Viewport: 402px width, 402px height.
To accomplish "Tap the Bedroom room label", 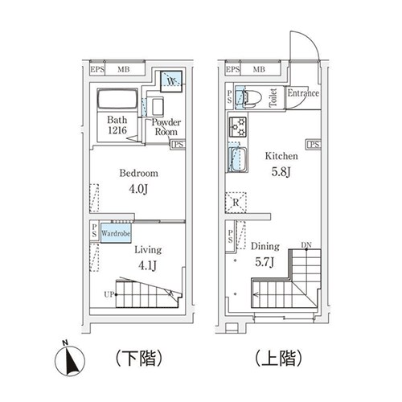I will (138, 173).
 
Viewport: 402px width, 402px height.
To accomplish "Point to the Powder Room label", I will (166, 127).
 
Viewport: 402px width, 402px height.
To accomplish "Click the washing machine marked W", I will (170, 80).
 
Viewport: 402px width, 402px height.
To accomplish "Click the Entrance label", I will (303, 93).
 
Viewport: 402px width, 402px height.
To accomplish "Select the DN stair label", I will (306, 244).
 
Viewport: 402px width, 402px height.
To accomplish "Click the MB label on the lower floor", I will (125, 70).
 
